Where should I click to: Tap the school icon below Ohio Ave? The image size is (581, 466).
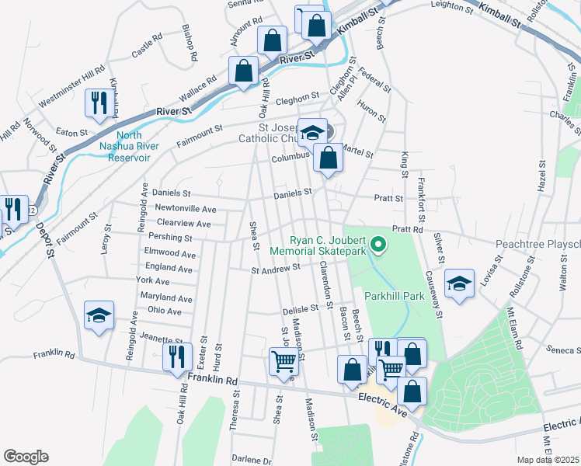(x=99, y=316)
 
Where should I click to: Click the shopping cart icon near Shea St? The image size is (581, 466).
(x=283, y=360)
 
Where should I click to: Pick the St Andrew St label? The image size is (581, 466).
(x=275, y=269)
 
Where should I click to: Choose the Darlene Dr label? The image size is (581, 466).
(x=251, y=460)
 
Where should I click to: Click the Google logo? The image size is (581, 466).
(x=26, y=457)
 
